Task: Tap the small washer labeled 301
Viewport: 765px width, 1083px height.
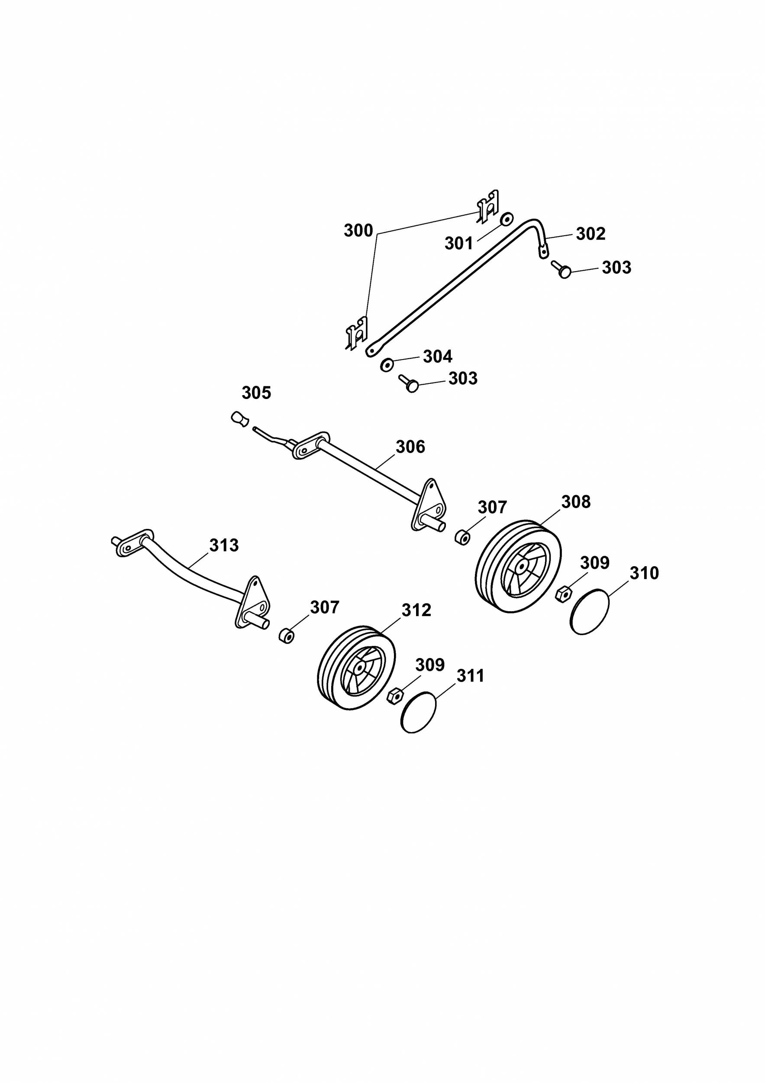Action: (x=507, y=218)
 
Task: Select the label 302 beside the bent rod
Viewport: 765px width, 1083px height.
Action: (x=591, y=234)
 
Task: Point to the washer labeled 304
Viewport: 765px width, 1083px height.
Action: (x=387, y=365)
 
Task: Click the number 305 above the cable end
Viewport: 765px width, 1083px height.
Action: (x=256, y=393)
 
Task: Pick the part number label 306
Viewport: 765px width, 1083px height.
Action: (x=410, y=447)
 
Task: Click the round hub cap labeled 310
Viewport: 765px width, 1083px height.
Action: (x=590, y=611)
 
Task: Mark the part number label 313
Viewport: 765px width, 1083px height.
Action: (x=224, y=545)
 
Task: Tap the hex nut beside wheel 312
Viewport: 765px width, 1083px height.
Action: (x=394, y=696)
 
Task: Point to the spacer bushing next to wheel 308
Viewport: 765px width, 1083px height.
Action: (x=462, y=538)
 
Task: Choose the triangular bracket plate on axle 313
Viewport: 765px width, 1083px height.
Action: (x=252, y=601)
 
